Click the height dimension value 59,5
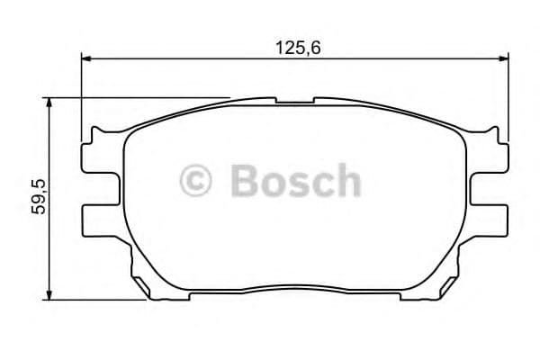coord(38,196)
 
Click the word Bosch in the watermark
coord(295,180)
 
